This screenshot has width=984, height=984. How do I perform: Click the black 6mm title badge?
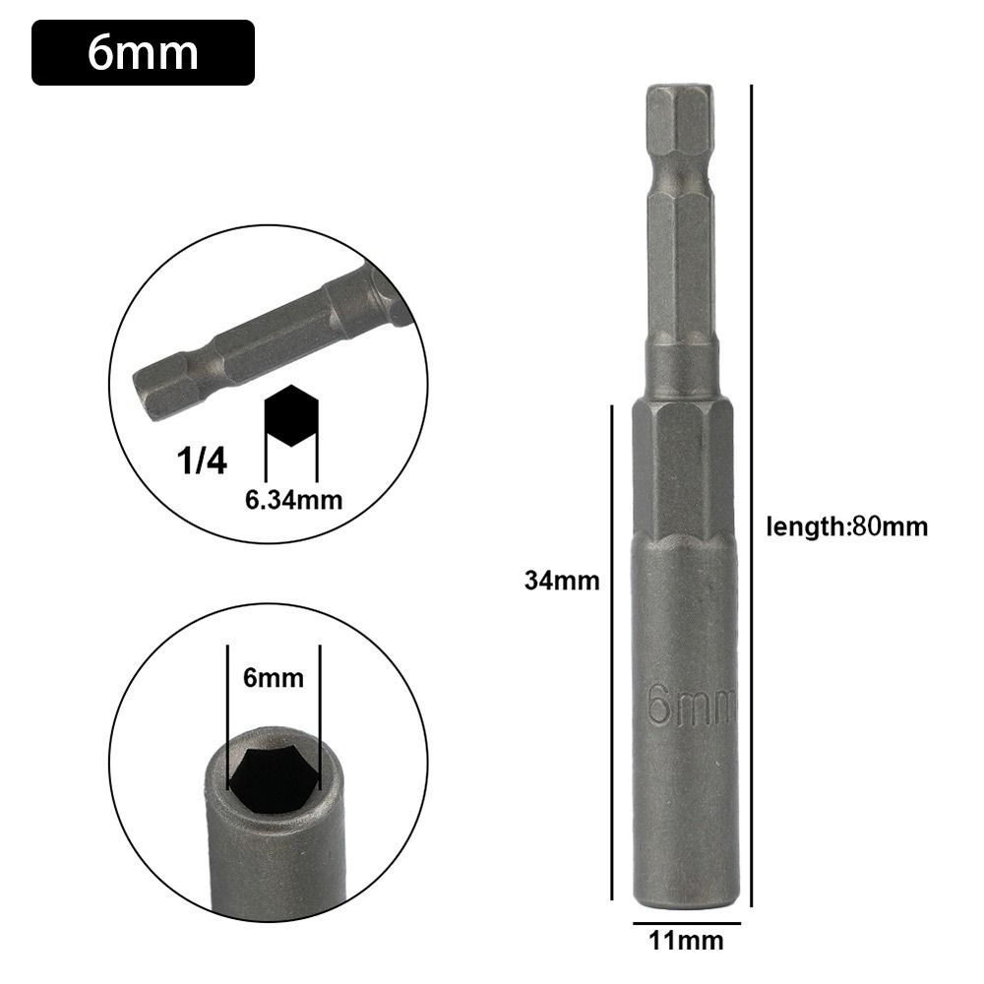click(x=143, y=52)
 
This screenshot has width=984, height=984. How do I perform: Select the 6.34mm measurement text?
click(x=293, y=500)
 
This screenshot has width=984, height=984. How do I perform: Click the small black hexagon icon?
click(x=291, y=417)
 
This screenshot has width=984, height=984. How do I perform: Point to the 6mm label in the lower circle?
click(x=273, y=677)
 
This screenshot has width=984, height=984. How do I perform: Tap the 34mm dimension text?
click(x=561, y=581)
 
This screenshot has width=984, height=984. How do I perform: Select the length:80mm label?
click(x=846, y=526)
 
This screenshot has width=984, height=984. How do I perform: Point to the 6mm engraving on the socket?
click(x=691, y=706)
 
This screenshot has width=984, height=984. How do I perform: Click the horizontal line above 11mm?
click(x=687, y=924)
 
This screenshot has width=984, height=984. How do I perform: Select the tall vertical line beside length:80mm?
click(x=752, y=492)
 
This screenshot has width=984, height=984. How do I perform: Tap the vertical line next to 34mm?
click(x=612, y=649)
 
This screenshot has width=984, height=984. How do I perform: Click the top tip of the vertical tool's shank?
click(x=680, y=91)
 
